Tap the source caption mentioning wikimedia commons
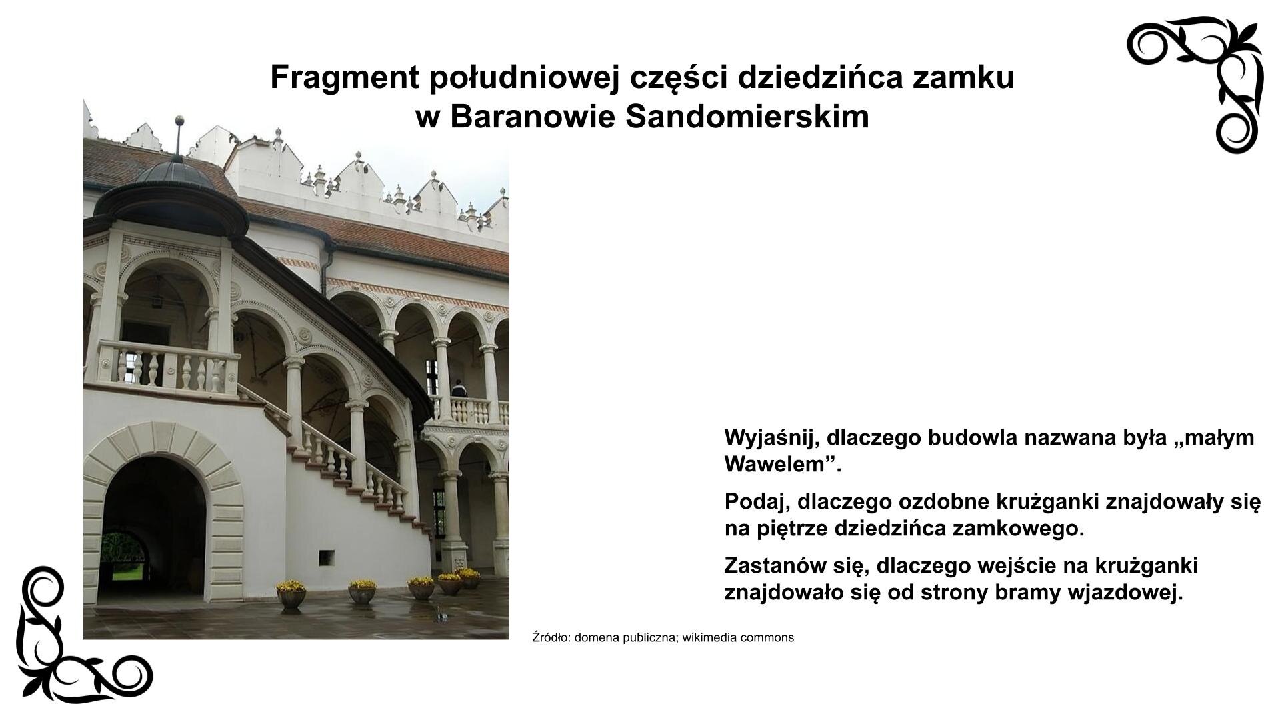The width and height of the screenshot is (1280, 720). coord(663,637)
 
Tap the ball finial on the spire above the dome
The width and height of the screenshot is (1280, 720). coord(178,121)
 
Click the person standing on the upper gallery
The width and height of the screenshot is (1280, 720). coord(458,389)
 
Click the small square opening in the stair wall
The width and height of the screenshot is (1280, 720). coord(326,557)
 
